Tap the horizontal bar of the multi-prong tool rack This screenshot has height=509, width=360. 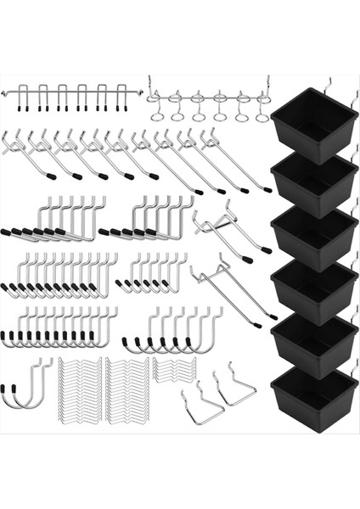pos(64,88)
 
